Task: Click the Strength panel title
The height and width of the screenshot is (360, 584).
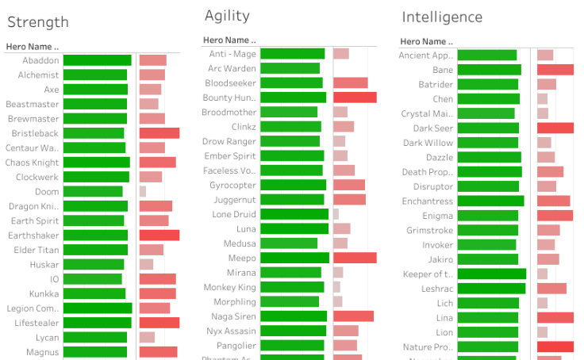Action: [x=37, y=22]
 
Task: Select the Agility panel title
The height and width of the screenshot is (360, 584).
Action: [x=227, y=15]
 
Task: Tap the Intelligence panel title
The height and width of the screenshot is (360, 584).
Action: [x=442, y=17]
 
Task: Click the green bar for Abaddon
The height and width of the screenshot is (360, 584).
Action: [x=97, y=60]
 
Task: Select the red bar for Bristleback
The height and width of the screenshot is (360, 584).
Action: [x=159, y=133]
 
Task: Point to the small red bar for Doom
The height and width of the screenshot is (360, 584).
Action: [x=143, y=192]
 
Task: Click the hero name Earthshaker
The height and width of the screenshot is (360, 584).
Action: [x=34, y=236]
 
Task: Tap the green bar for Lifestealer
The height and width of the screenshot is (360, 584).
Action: [x=97, y=323]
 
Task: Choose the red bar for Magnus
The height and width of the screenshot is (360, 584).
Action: [x=158, y=352]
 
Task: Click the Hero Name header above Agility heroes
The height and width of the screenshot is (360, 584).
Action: [x=229, y=40]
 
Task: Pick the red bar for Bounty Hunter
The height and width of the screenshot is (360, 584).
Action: [x=355, y=98]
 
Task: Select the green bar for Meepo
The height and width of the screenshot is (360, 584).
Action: [x=294, y=258]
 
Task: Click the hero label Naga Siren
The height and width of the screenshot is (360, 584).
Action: [x=236, y=316]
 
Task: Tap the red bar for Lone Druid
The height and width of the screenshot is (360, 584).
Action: [x=336, y=214]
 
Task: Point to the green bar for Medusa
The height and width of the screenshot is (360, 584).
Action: [x=289, y=243]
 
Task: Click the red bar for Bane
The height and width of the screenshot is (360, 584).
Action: [x=555, y=70]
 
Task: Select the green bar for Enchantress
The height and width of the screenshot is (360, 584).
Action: [x=490, y=201]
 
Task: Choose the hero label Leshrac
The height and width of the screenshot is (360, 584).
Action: [x=437, y=289]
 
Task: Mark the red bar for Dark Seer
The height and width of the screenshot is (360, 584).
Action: [x=555, y=128]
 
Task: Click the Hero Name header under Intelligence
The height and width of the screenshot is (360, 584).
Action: [x=427, y=42]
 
